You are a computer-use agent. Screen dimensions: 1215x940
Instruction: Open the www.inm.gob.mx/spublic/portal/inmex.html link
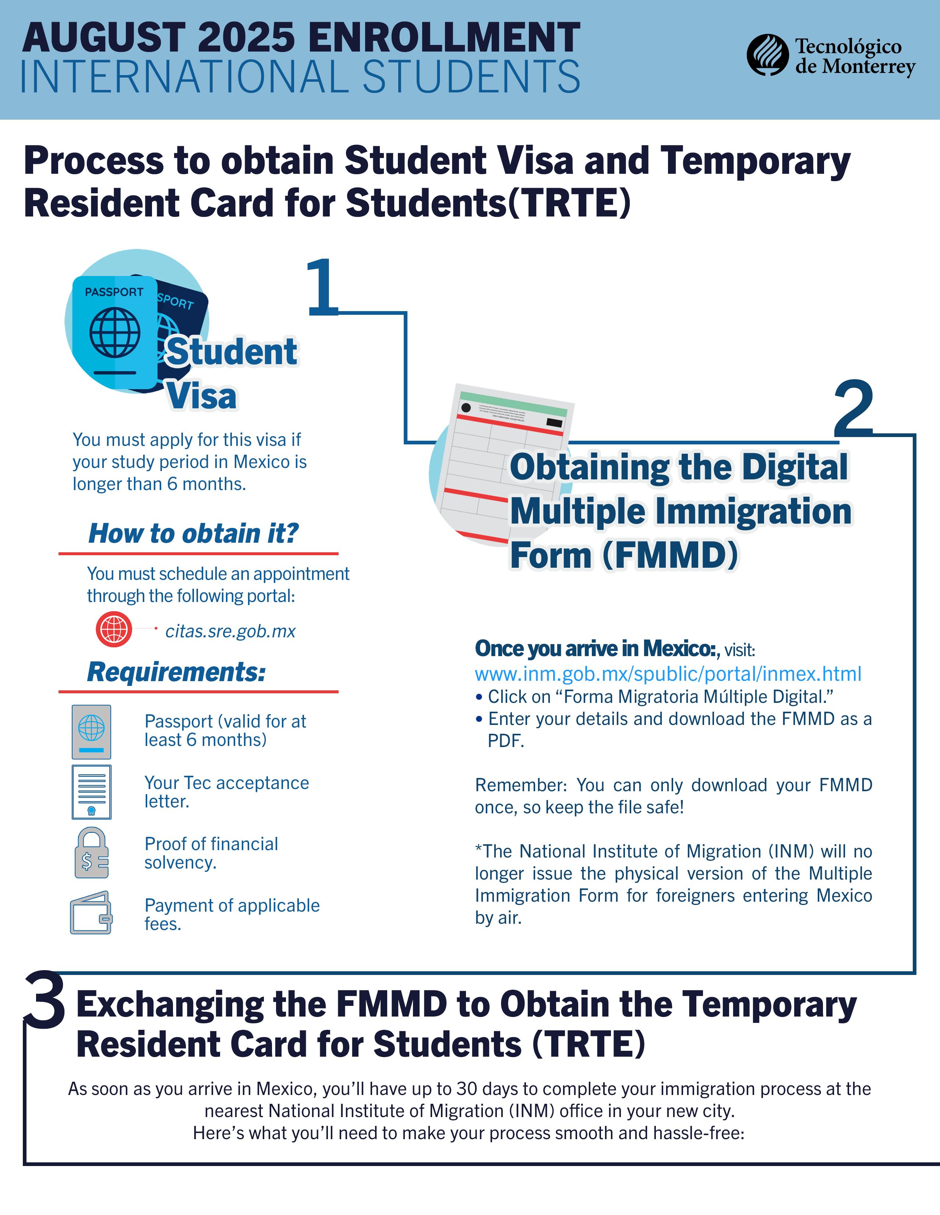[667, 674]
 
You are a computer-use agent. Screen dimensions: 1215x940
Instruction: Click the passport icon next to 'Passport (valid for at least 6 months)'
[91, 732]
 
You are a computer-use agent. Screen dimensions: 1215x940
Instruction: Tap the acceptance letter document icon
[91, 792]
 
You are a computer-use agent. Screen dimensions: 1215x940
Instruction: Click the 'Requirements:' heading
[176, 672]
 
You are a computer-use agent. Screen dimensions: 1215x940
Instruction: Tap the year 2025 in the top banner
[246, 38]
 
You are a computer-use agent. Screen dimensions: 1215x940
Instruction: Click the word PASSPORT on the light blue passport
[114, 292]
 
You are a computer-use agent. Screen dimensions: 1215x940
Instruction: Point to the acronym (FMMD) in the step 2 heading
[670, 555]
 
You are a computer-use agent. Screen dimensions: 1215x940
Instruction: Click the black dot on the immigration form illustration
[466, 408]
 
